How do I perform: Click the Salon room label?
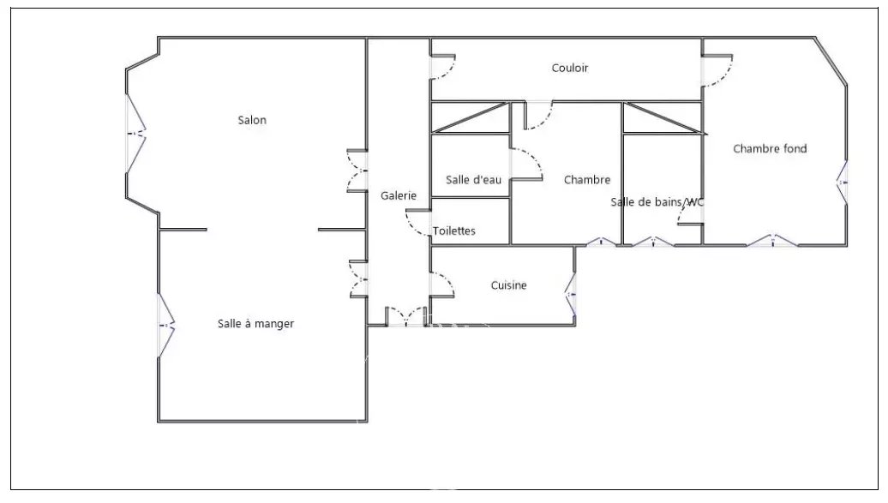point(252,120)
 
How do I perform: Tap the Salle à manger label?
point(255,323)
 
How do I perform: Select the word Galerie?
point(399,195)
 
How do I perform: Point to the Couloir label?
point(570,68)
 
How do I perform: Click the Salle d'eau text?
point(473,179)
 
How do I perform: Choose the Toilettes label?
point(454,231)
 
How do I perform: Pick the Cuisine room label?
point(508,285)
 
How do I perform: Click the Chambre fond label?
point(770,148)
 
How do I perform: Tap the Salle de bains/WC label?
point(657,202)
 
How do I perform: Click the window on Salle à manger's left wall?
point(164,325)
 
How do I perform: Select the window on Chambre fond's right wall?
point(843,183)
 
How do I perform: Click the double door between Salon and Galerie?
point(357,171)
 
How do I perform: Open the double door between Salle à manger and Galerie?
point(358,278)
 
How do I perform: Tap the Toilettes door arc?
point(417,225)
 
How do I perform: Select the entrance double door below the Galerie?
point(406,316)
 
